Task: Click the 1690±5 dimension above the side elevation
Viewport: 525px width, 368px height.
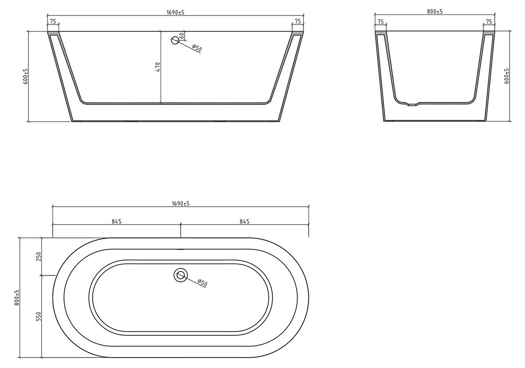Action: [x=175, y=12]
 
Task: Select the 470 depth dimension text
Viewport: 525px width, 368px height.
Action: [x=158, y=67]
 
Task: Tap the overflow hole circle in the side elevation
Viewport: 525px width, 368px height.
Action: [x=175, y=41]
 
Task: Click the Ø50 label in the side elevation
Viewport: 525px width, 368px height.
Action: [x=196, y=49]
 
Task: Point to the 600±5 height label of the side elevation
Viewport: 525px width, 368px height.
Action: [x=26, y=76]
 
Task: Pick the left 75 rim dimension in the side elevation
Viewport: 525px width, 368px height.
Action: [x=52, y=21]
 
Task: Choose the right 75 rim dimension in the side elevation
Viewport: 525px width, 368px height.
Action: [x=297, y=21]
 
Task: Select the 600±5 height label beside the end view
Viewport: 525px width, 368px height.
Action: [x=507, y=76]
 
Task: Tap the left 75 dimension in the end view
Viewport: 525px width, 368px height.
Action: [x=380, y=21]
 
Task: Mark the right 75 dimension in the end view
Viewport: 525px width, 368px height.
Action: [x=489, y=21]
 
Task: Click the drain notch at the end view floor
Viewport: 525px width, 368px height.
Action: [x=411, y=105]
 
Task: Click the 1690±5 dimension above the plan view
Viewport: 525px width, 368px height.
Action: [x=180, y=203]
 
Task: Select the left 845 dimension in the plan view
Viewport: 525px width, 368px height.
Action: [x=116, y=221]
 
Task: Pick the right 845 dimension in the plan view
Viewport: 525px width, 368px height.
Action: [x=244, y=221]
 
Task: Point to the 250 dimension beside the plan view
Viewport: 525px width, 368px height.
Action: [x=38, y=256]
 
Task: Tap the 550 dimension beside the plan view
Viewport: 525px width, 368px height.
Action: [x=38, y=316]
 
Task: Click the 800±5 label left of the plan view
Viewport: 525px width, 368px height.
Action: [x=17, y=298]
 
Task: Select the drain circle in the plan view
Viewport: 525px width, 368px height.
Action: [x=180, y=275]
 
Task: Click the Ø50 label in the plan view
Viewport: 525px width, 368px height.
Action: [x=202, y=283]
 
